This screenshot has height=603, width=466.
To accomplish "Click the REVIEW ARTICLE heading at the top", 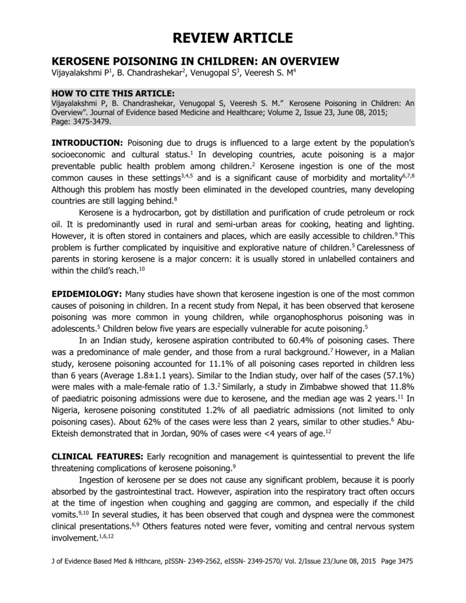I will point(233,39).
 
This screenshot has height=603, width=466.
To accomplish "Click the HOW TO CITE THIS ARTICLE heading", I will point(113,93).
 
